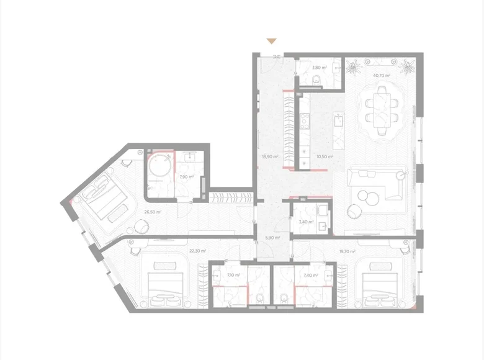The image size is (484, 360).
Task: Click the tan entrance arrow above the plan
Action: click(271, 42)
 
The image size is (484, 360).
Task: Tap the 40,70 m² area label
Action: click(381, 76)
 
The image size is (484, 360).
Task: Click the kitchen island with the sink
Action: click(339, 128)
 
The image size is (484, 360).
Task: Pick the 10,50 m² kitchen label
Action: click(325, 157)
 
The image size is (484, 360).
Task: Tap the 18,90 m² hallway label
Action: click(270, 157)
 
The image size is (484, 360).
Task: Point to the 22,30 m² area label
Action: click(197, 251)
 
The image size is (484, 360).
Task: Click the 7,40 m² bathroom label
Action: click(310, 275)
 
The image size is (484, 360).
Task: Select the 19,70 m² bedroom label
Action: click(347, 251)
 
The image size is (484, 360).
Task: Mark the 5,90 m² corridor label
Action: click(272, 237)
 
